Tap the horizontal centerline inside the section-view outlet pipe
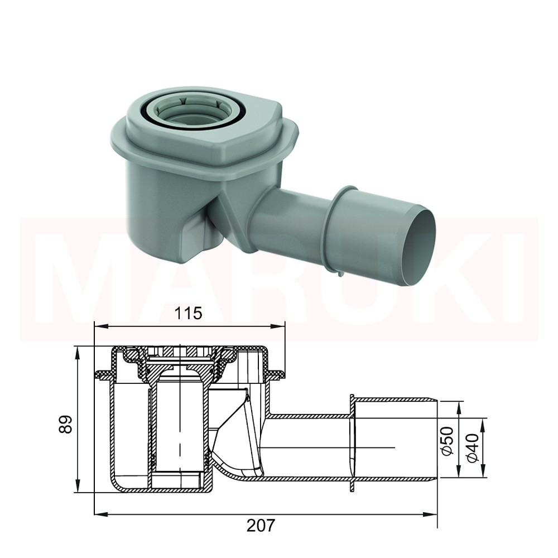coord(335,448)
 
